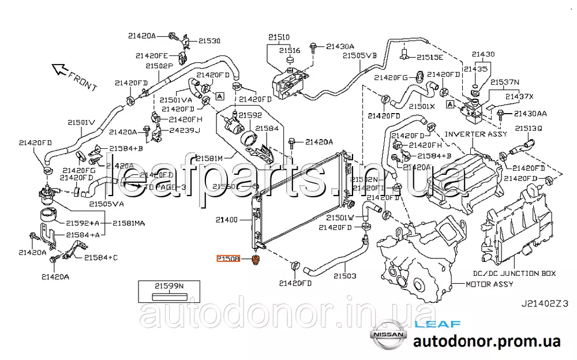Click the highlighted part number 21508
(228, 259)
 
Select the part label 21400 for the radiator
(227, 220)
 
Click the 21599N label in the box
(168, 286)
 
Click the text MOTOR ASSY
(489, 284)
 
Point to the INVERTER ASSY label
(476, 134)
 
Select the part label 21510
(279, 37)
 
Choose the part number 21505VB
(359, 56)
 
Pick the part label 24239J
(185, 130)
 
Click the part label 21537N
(505, 82)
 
